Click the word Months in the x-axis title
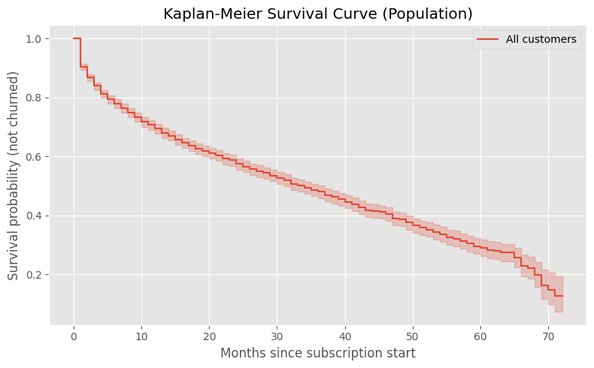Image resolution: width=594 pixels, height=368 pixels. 243,353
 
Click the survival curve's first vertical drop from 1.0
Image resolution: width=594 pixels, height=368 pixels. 80,53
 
